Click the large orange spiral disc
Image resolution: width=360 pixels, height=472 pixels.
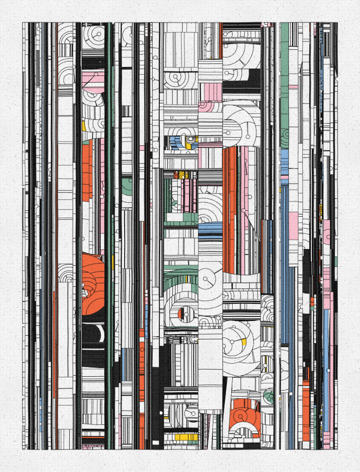coord(92,281)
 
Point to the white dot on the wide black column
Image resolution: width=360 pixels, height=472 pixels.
coord(160,412)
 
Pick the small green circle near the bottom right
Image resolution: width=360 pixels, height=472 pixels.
coord(269,397)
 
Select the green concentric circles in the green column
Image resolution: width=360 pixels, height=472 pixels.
coord(284,137)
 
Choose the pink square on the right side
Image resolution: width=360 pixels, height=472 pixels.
coord(293,223)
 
